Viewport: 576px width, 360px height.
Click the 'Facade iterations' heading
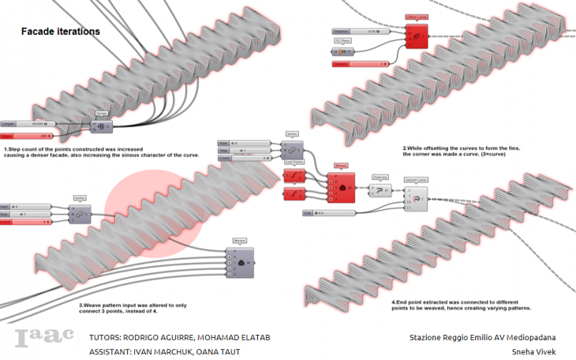[60, 32]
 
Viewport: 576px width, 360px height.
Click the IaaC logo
[44, 338]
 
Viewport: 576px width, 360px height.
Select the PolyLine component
[380, 191]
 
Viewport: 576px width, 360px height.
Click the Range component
[101, 127]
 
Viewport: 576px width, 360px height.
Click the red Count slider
[28, 222]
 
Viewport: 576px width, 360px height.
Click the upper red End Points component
[294, 175]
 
